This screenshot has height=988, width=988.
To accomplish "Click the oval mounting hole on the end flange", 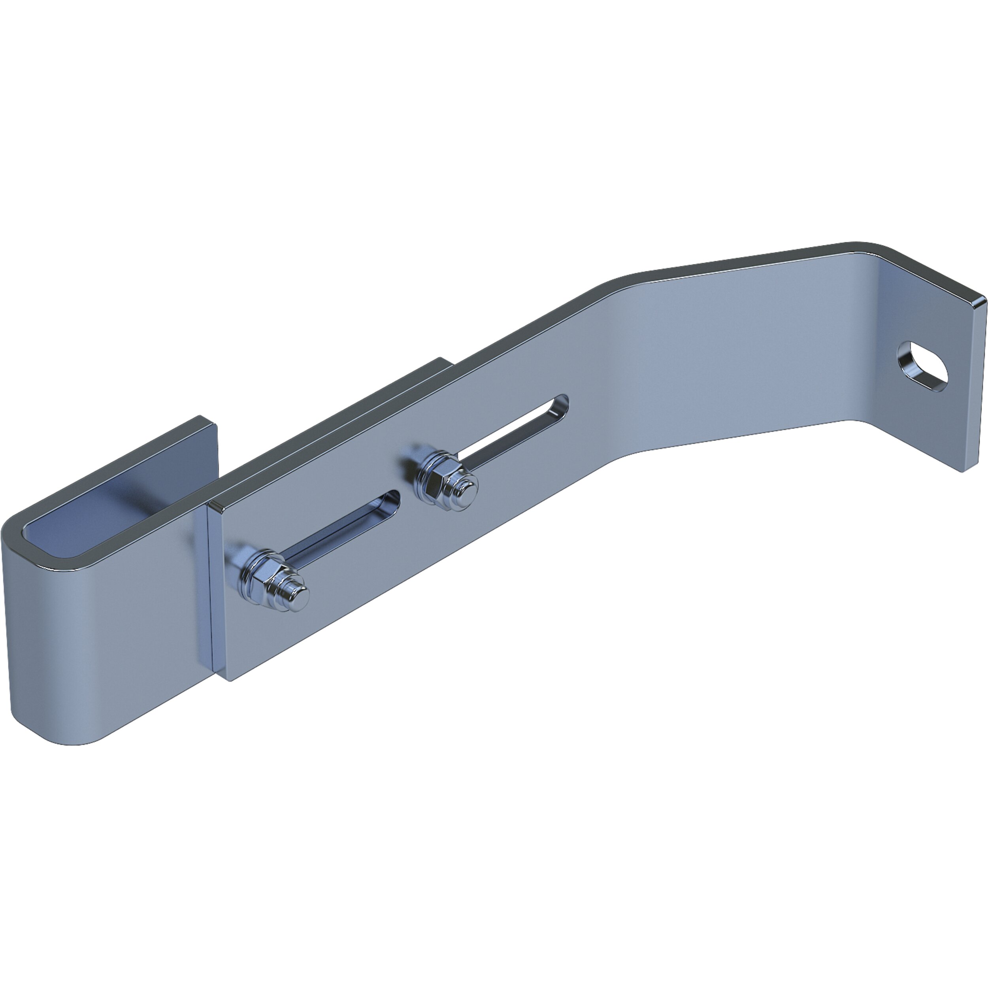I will pyautogui.click(x=922, y=366).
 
